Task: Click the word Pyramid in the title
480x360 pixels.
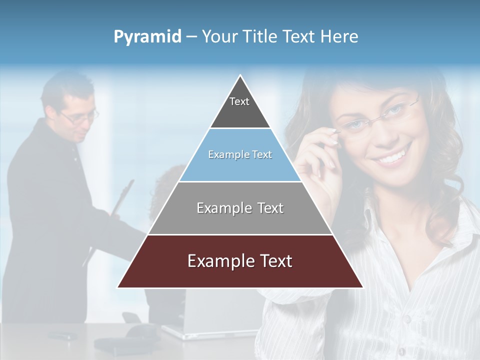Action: click(x=147, y=37)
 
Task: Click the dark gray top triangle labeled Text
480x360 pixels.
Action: click(x=240, y=107)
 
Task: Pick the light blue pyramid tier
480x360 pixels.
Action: click(x=240, y=165)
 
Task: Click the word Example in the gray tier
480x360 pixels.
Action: click(x=218, y=208)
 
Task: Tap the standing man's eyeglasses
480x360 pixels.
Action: click(x=80, y=118)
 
